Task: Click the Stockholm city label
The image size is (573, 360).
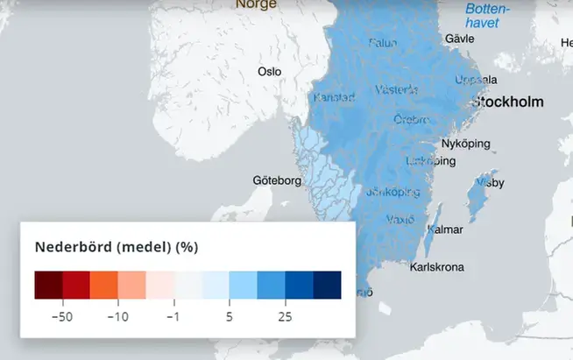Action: pos(507,102)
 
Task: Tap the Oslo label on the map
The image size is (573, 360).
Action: pos(270,71)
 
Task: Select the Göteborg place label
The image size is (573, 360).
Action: pos(277,181)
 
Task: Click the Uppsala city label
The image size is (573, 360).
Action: pos(475,80)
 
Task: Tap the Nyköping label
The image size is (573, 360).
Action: pos(465,143)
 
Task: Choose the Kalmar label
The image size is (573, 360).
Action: pos(443,229)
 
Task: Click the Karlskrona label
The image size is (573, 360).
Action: pos(437,267)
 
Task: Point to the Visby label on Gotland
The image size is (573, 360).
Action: pos(487,184)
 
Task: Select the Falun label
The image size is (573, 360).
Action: pos(383,43)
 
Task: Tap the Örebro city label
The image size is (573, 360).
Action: pos(412,119)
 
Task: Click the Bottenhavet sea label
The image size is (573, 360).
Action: pos(482,17)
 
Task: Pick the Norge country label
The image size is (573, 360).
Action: pos(256,4)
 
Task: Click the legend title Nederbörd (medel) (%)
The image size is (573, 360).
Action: pos(117,247)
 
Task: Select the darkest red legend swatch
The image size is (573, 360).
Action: pos(48,286)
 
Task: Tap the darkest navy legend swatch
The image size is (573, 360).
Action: pos(327,286)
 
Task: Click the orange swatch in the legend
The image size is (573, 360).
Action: pos(104,286)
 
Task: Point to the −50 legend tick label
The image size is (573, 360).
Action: pos(61,315)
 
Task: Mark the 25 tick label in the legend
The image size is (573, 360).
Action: pos(285,315)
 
